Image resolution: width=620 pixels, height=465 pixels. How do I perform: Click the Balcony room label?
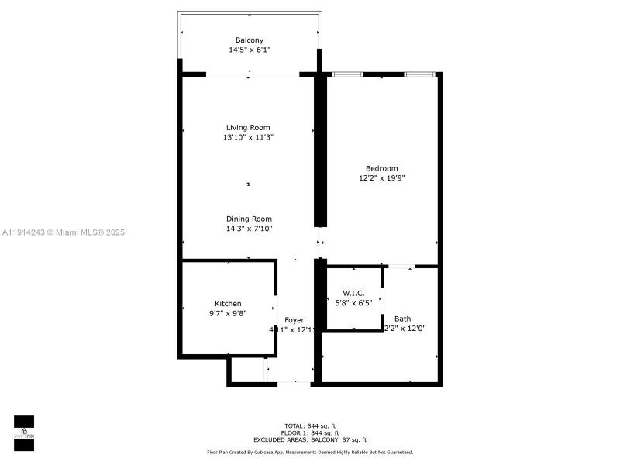click(249, 40)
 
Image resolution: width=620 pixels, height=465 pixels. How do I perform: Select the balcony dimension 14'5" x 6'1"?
click(249, 50)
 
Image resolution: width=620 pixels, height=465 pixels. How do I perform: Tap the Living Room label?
click(248, 128)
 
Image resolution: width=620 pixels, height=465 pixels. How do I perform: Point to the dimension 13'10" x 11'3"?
click(248, 137)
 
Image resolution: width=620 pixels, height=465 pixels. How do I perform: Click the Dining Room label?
click(249, 219)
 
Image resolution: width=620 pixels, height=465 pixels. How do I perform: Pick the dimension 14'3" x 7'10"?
click(249, 229)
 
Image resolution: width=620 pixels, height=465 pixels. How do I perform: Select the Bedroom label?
click(381, 169)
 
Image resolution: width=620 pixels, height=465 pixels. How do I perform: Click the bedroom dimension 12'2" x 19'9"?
click(381, 178)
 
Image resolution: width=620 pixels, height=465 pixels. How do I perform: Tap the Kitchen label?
click(228, 304)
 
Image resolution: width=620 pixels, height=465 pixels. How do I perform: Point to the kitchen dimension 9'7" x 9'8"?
click(228, 313)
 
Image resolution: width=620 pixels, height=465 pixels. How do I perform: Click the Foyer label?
click(294, 320)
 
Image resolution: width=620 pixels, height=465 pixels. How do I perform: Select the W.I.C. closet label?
click(353, 293)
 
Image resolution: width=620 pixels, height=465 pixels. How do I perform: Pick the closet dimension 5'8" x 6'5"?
click(353, 303)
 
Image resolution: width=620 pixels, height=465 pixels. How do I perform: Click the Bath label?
click(403, 319)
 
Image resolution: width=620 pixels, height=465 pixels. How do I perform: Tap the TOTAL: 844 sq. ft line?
click(310, 425)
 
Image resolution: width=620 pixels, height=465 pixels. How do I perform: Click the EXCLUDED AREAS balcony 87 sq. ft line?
click(310, 439)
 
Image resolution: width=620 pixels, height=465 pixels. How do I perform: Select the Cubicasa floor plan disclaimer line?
click(310, 452)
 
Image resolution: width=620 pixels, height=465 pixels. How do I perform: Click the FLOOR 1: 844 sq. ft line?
click(310, 432)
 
